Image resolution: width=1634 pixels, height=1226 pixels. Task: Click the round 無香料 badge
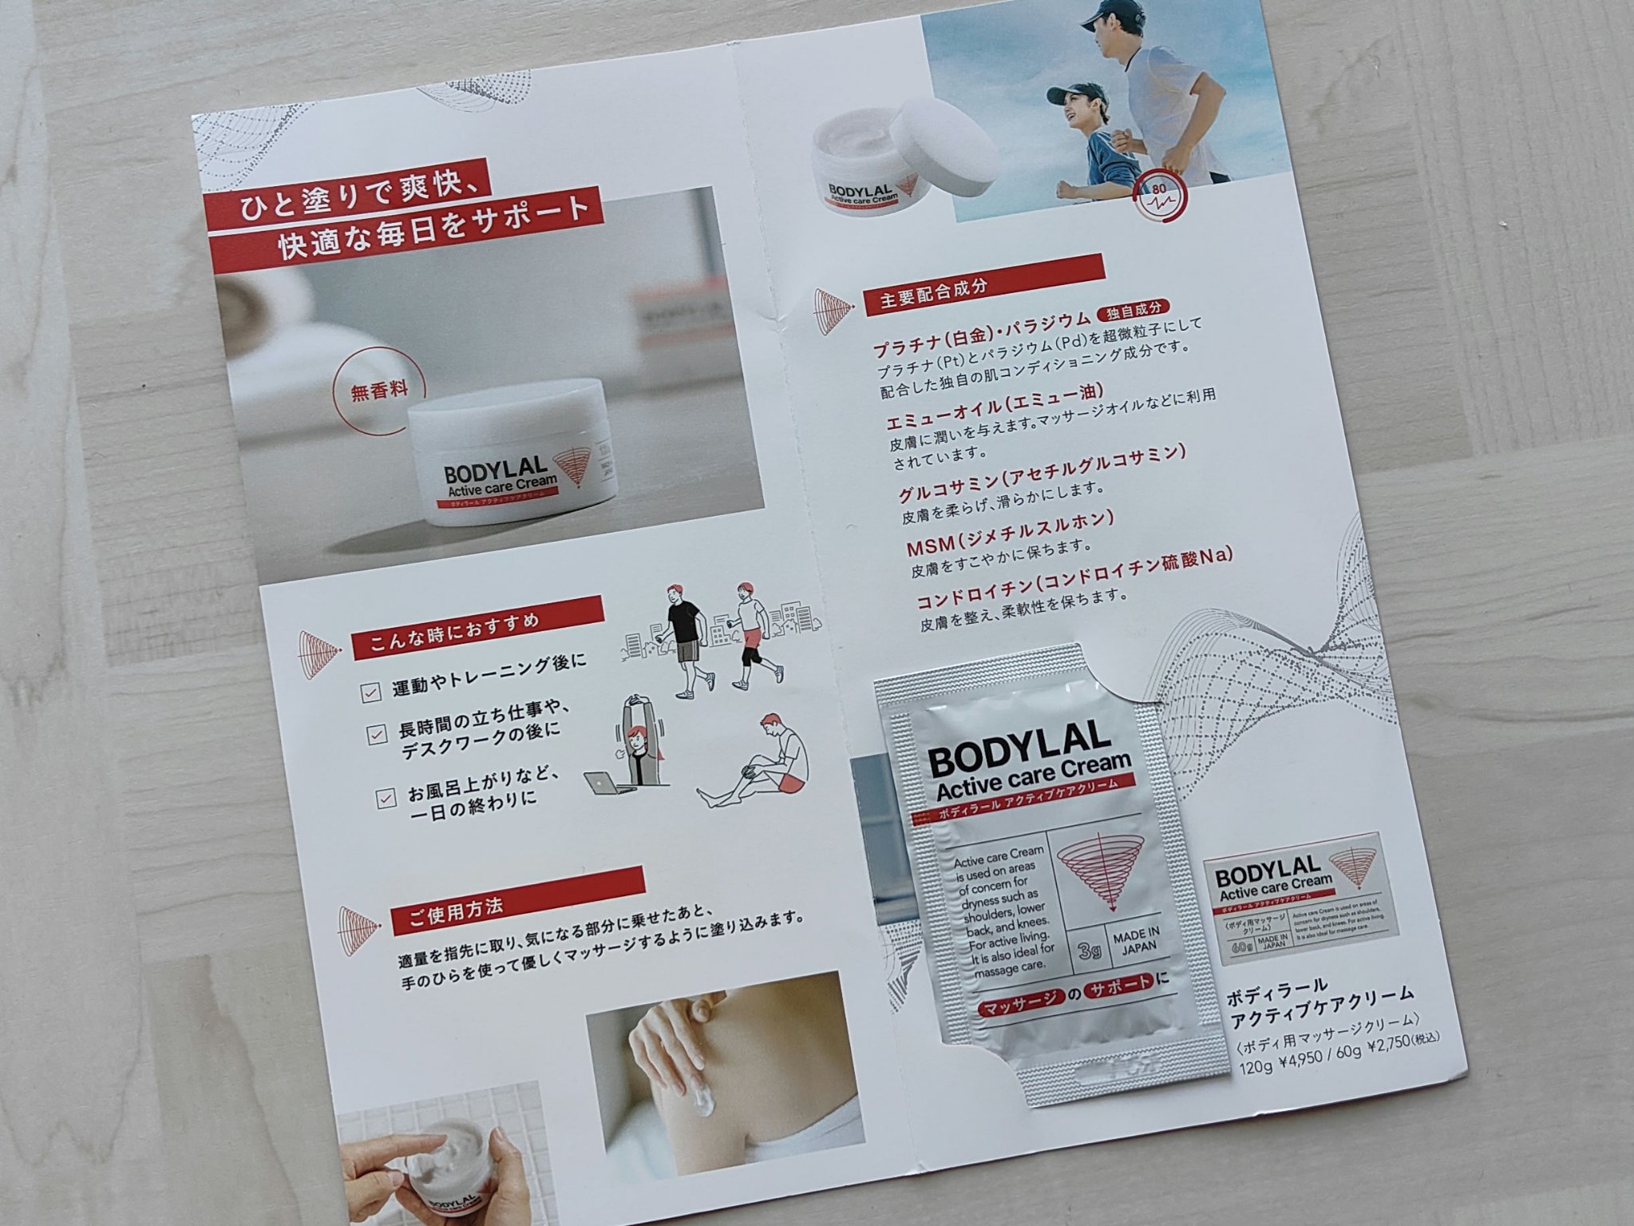tap(379, 392)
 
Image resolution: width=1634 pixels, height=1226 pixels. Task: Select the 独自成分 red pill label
tap(1134, 310)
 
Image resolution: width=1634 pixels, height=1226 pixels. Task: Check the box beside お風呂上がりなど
tap(386, 797)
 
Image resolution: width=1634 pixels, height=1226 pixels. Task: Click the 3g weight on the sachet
tap(1089, 951)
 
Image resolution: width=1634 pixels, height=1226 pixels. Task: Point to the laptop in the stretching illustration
tap(606, 783)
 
